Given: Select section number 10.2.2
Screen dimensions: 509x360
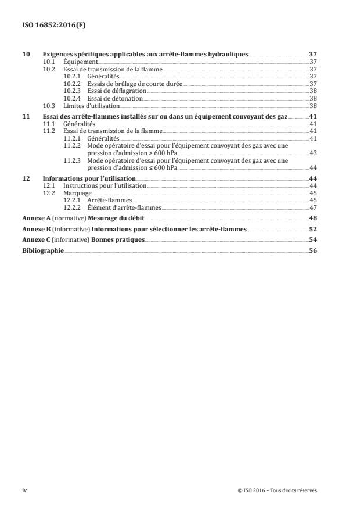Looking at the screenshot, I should tap(70, 84).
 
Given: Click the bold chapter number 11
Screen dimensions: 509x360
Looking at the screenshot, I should tap(25, 116).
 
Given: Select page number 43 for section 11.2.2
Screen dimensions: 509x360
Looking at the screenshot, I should tap(312, 153).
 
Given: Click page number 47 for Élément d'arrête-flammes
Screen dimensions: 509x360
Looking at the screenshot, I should tap(312, 207).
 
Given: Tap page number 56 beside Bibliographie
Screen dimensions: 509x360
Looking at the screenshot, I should tap(312, 250).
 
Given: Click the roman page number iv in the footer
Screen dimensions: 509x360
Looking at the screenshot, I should tap(24, 490).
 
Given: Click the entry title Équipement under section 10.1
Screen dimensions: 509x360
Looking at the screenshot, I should tap(80, 62).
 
